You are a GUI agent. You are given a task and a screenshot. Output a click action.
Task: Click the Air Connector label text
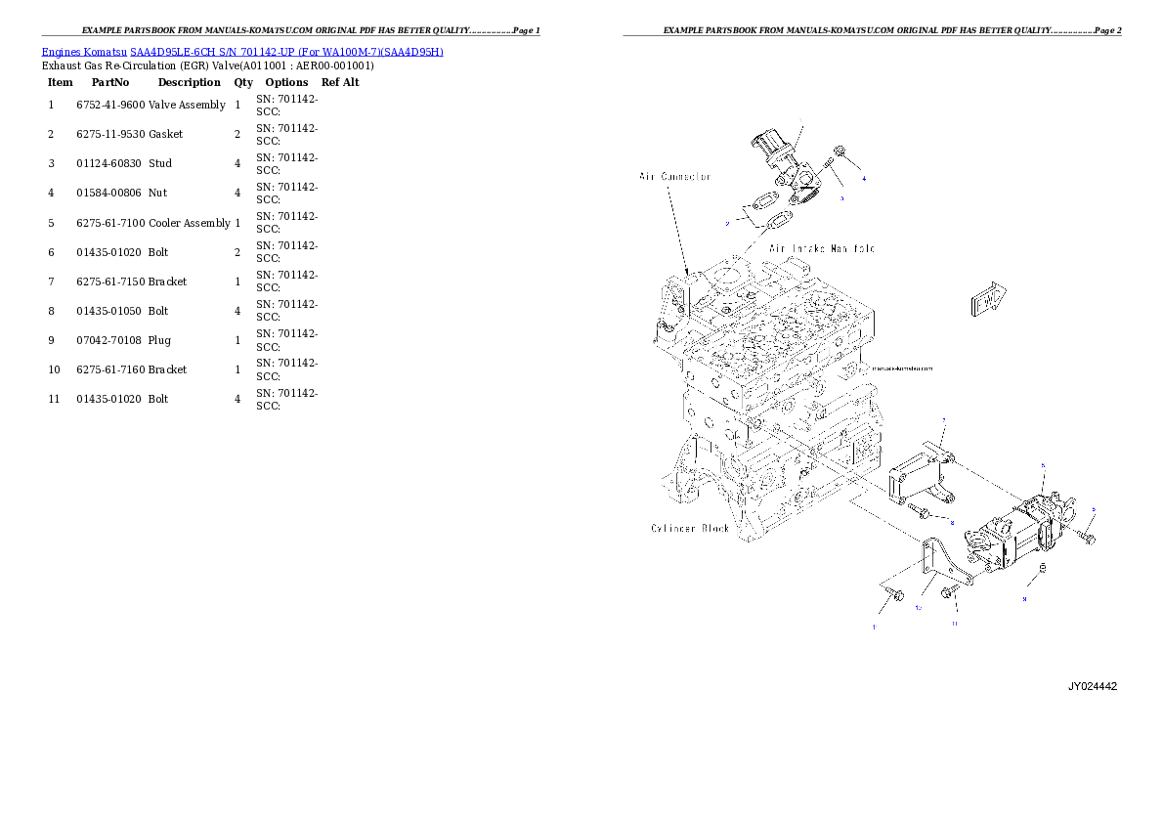674,177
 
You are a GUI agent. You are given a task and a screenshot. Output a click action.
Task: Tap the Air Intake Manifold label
822,248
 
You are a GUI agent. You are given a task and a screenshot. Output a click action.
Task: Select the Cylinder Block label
690,529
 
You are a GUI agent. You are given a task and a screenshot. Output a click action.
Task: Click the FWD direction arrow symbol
990,298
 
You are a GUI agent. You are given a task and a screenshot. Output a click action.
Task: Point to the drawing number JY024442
1092,686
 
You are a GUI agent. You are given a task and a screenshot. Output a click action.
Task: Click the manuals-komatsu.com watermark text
900,368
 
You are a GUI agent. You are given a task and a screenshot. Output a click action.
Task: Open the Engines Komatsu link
85,52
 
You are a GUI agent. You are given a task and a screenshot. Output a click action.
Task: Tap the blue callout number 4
864,179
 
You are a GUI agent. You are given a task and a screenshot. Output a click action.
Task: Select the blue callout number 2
727,224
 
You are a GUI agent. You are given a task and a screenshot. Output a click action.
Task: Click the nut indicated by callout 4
840,152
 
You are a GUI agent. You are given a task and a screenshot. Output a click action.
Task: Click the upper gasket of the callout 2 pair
757,206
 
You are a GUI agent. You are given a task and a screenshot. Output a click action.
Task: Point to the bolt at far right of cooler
1089,538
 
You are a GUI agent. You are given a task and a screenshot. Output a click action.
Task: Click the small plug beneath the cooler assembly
1043,570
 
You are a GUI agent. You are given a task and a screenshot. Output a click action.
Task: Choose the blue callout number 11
955,623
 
